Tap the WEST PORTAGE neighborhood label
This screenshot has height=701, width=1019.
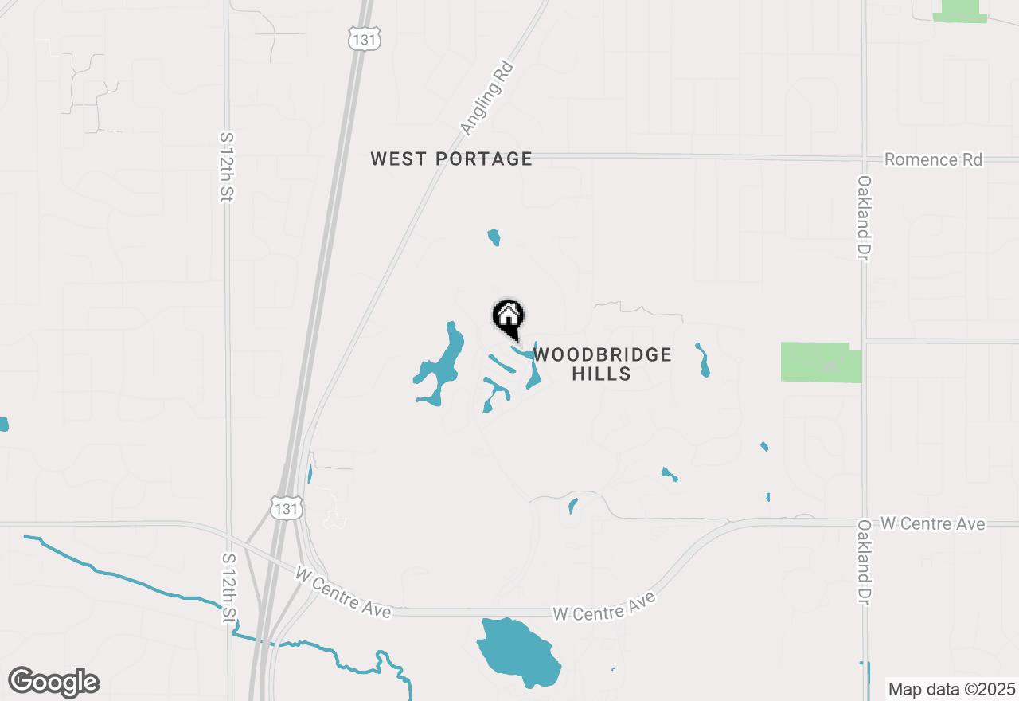click(x=451, y=159)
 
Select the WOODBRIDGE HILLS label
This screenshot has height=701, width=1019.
click(x=603, y=364)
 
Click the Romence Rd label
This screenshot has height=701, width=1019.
click(x=933, y=159)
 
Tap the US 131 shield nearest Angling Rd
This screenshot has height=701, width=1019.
click(x=365, y=38)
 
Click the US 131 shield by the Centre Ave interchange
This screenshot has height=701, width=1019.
click(x=285, y=508)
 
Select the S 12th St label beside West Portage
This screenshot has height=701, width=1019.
click(x=227, y=166)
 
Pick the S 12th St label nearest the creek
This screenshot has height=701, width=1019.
click(x=228, y=589)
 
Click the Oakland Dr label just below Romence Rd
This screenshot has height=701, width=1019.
click(x=865, y=217)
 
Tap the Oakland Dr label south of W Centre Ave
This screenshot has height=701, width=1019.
click(x=865, y=562)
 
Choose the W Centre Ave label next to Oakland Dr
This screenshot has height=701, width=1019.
click(x=932, y=523)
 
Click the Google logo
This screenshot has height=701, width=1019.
click(x=54, y=683)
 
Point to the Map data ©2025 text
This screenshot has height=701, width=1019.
click(x=951, y=689)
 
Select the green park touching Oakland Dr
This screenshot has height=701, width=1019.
click(x=820, y=362)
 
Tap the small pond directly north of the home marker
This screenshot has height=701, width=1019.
click(x=494, y=237)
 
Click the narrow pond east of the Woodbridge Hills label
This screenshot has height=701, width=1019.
click(x=703, y=361)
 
